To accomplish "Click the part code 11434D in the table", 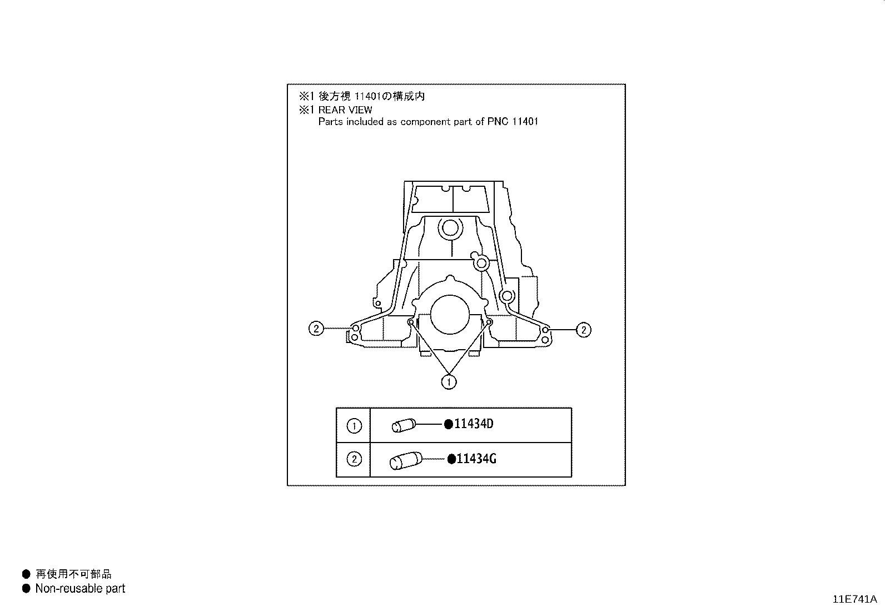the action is [x=473, y=424].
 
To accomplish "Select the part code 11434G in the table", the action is [x=476, y=459].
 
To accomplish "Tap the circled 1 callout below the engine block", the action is [x=449, y=382].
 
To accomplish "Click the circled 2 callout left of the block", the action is [x=316, y=329].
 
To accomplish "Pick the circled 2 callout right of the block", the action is [x=584, y=330].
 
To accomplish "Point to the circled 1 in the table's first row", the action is [x=354, y=426].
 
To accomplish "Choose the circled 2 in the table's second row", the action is [x=354, y=459].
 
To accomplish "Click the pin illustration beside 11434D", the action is [x=404, y=425].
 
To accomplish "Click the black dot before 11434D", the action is [x=449, y=424].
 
